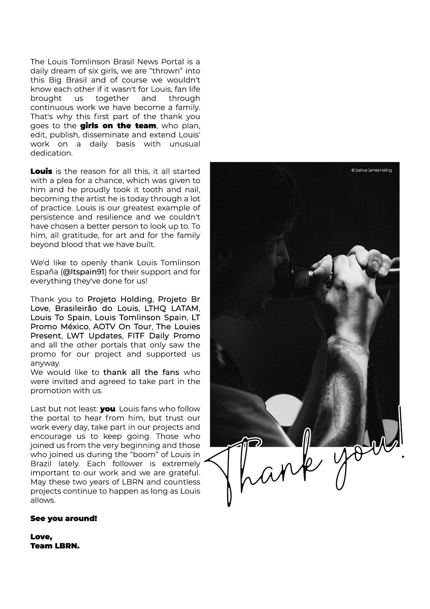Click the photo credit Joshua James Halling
point(371,170)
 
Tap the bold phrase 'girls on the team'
point(118,126)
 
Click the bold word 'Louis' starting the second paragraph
point(41,171)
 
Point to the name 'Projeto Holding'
point(120,299)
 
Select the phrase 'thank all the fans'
point(141,372)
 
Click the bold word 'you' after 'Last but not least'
point(107,409)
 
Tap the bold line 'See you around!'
point(64,519)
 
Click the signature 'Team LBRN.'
point(55,546)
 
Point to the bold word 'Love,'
point(41,537)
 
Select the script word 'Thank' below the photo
point(268,466)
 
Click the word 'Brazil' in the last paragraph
point(41,464)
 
